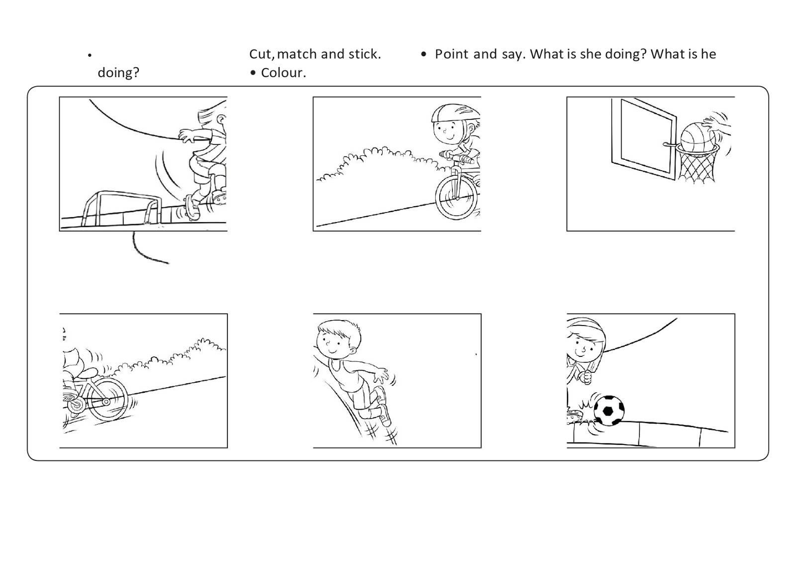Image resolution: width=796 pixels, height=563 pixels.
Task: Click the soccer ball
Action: tap(609, 410)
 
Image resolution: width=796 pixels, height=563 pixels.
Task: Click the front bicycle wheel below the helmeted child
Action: tap(457, 198)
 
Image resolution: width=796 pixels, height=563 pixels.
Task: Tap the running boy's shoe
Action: tap(385, 415)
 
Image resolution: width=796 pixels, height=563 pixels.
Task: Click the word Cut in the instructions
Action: tap(261, 54)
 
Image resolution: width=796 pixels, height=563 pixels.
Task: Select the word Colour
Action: tap(283, 73)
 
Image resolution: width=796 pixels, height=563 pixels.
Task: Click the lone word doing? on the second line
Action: tap(118, 73)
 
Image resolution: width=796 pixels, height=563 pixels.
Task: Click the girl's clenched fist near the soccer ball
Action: tap(587, 377)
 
